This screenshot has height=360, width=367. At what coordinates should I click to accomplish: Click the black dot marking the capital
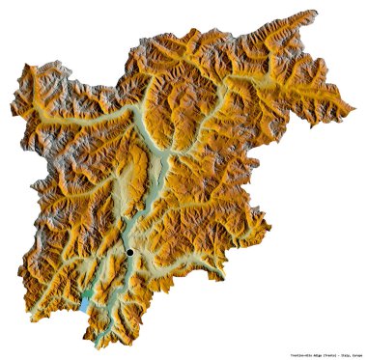pos(129,252)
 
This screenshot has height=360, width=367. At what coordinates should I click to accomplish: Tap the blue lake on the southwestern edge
pos(85,303)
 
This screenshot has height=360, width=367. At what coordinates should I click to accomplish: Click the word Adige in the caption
pos(309,353)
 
